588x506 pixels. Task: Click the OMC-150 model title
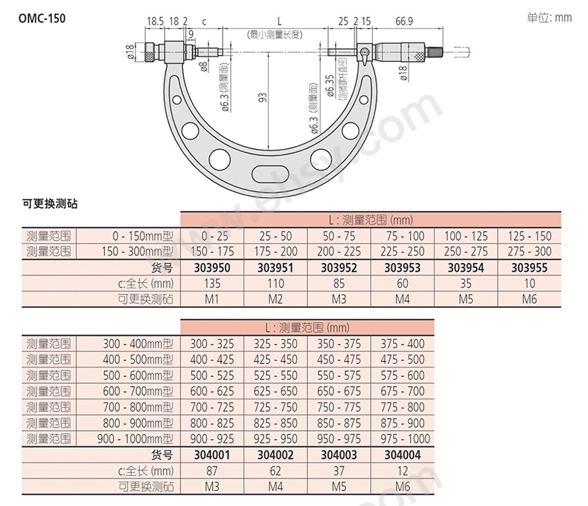42,19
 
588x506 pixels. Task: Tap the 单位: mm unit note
549,18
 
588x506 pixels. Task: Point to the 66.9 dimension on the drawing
404,22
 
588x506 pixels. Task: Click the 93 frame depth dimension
263,98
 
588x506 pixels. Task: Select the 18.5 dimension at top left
155,22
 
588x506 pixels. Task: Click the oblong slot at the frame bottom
270,174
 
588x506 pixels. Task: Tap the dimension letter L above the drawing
279,21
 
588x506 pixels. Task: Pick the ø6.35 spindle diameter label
330,86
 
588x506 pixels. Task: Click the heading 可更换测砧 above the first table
51,204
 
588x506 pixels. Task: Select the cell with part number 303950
212,268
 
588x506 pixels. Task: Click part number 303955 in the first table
529,268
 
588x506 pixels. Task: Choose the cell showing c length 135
212,283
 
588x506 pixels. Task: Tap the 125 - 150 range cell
529,236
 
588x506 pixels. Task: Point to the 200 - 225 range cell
339,251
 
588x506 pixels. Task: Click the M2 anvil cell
275,299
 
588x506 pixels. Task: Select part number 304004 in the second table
403,455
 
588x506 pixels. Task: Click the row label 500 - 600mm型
138,376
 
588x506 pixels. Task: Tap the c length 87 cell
212,471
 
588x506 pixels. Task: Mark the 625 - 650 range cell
275,391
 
